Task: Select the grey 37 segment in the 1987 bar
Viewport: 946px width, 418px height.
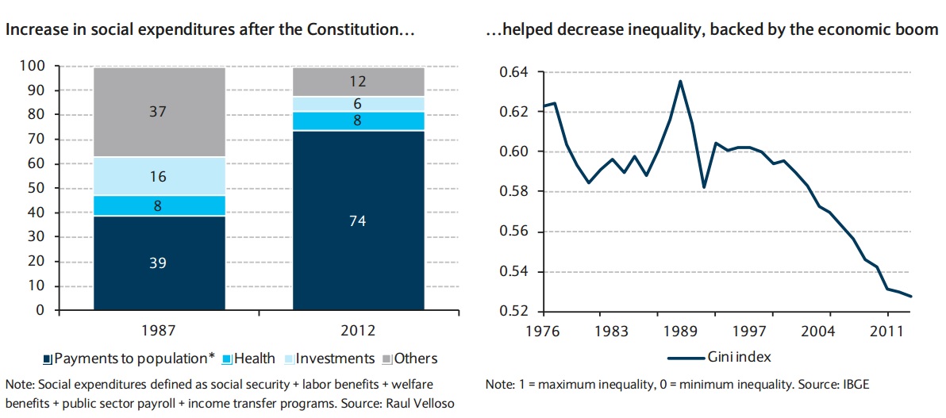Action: [x=159, y=113]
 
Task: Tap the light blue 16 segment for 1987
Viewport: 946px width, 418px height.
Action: [x=159, y=176]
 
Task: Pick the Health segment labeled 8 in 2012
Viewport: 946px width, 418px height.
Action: [x=357, y=121]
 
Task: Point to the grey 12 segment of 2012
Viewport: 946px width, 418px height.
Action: [x=357, y=82]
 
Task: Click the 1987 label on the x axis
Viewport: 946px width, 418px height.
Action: [x=159, y=330]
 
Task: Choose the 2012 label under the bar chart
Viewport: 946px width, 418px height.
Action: [x=357, y=330]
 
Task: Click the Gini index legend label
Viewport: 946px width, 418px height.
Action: [x=740, y=357]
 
